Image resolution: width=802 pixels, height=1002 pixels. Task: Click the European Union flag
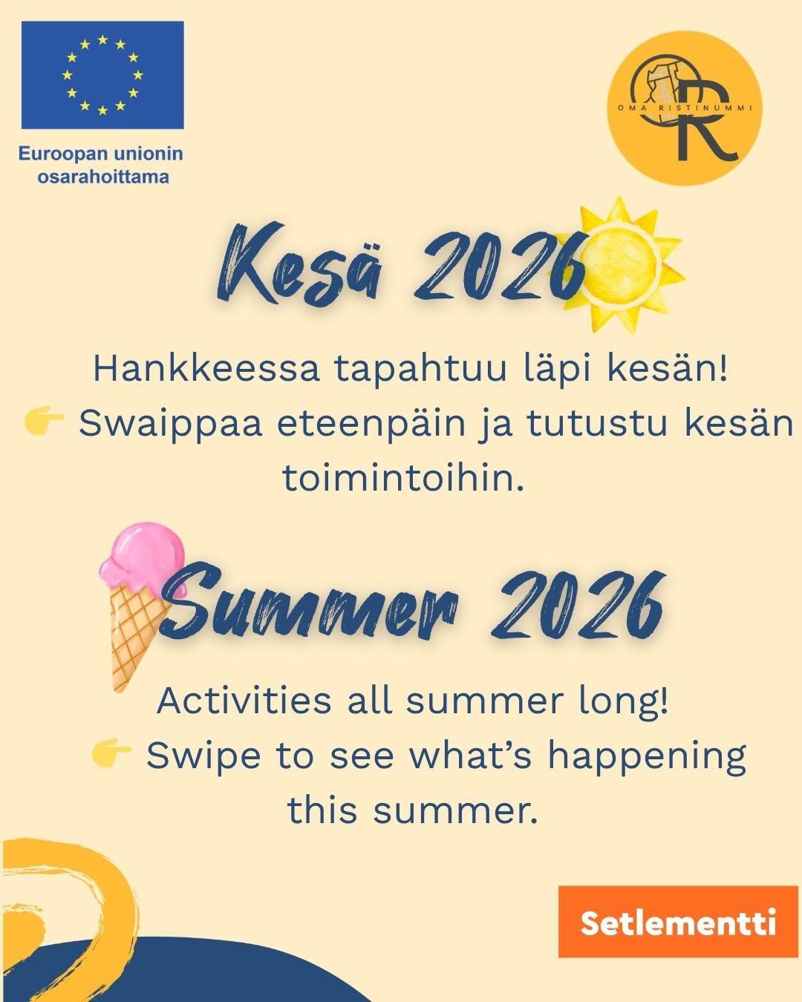click(x=102, y=75)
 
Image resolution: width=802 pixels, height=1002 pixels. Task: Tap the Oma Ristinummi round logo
click(x=685, y=108)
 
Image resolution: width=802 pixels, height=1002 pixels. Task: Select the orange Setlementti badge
click(x=678, y=921)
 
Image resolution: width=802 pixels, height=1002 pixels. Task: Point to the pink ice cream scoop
click(x=143, y=560)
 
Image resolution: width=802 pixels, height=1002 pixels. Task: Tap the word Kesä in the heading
click(x=301, y=263)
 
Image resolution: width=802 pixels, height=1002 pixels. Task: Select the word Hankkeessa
click(x=206, y=369)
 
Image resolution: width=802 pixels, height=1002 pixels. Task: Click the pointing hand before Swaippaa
click(x=43, y=421)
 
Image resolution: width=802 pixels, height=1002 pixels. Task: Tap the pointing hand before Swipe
click(x=111, y=753)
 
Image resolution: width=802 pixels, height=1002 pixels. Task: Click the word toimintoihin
click(x=403, y=478)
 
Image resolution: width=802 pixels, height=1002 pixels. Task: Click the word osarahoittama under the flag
click(x=103, y=177)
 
